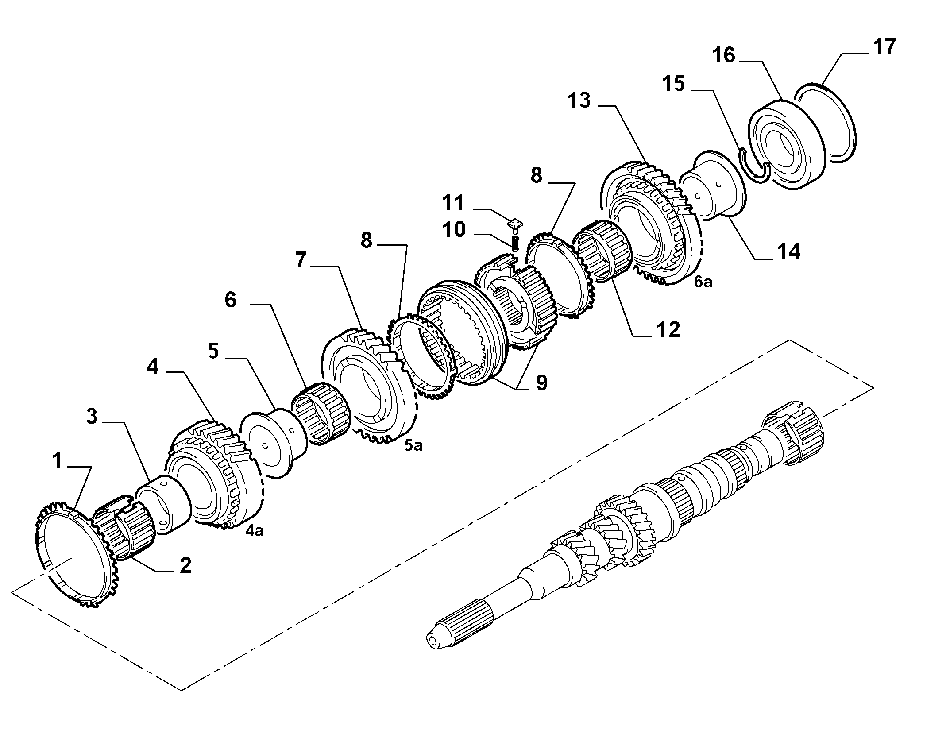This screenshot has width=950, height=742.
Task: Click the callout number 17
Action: point(884,47)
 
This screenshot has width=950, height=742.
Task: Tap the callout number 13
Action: point(580,100)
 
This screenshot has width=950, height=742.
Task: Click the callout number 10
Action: point(453,230)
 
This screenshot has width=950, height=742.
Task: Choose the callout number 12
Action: point(668,330)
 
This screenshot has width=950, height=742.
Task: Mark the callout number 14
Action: point(788,252)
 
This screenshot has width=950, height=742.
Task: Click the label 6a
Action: point(703,282)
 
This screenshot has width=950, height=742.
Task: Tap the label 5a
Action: point(413,445)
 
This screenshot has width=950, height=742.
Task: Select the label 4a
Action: point(254,530)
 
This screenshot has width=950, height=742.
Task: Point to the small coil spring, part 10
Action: point(515,244)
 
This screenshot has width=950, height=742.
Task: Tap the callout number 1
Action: point(57,460)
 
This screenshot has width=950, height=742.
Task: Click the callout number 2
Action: point(185,566)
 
